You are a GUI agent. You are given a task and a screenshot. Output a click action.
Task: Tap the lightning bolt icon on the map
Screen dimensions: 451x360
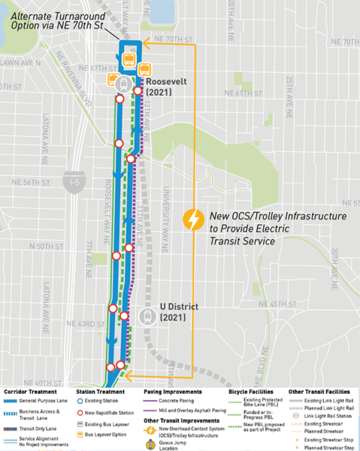click(x=193, y=220)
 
